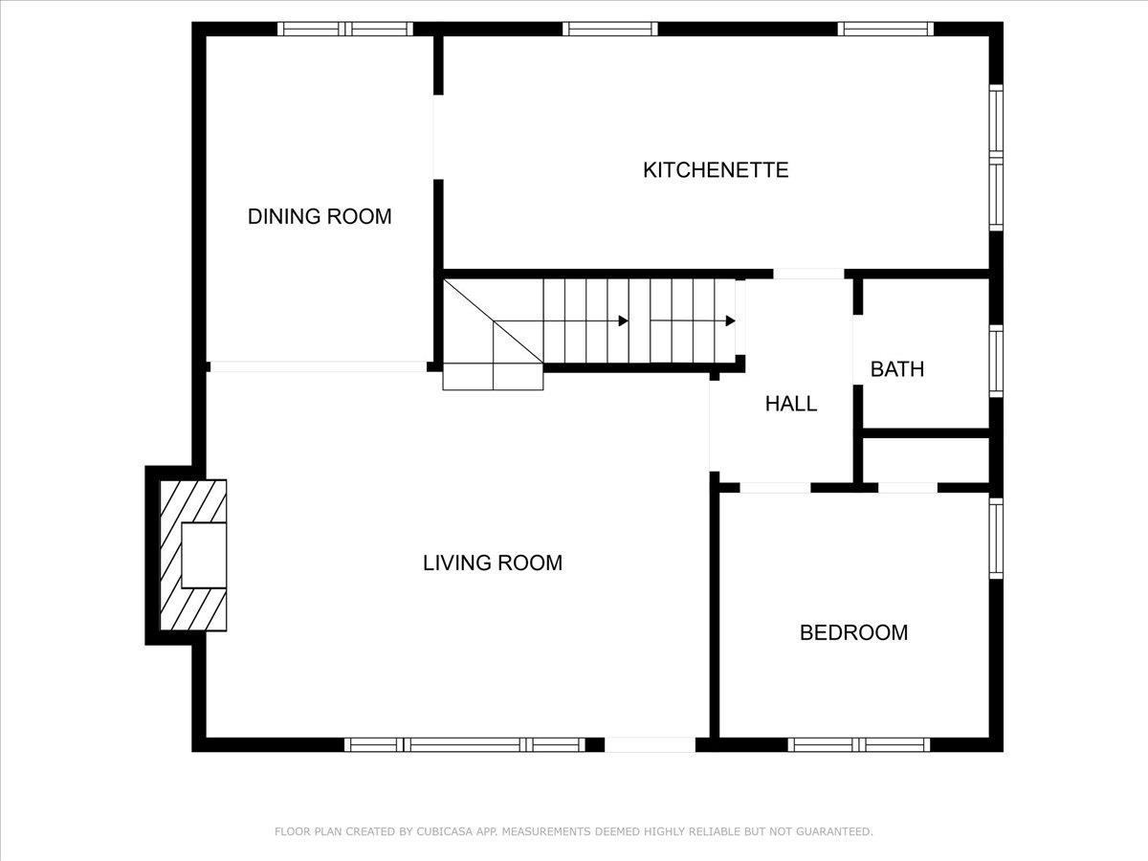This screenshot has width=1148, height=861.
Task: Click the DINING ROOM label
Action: coord(320,216)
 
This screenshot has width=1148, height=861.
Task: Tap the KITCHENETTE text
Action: coord(716,170)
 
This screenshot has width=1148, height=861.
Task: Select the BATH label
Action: coord(897,369)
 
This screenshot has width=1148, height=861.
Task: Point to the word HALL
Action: coord(791,404)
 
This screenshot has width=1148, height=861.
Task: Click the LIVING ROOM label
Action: coord(493,563)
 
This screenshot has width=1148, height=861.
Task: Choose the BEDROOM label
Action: coord(853,632)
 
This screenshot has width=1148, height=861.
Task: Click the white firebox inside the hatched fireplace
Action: coord(204,555)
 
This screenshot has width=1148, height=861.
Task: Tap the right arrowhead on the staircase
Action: coord(730,320)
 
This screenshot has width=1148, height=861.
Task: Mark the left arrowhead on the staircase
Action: coord(623,320)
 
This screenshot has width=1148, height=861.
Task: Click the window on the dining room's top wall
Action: coord(345,29)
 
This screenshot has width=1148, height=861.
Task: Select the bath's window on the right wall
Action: coord(996,361)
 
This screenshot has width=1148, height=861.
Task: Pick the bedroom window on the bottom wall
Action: coord(859,744)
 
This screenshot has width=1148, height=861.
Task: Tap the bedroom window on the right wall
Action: coord(996,539)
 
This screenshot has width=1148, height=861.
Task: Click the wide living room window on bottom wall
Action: coord(465,744)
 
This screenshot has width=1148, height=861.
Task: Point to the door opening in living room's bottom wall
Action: coord(651,744)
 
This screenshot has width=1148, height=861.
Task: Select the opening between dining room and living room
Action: coord(317,366)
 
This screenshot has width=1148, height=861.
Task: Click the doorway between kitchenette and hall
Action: coord(808,274)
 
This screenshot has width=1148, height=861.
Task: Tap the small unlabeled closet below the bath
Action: coord(925,460)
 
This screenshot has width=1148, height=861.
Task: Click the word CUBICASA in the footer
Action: coord(442,832)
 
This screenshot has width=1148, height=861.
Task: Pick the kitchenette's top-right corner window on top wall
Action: coord(886,29)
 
